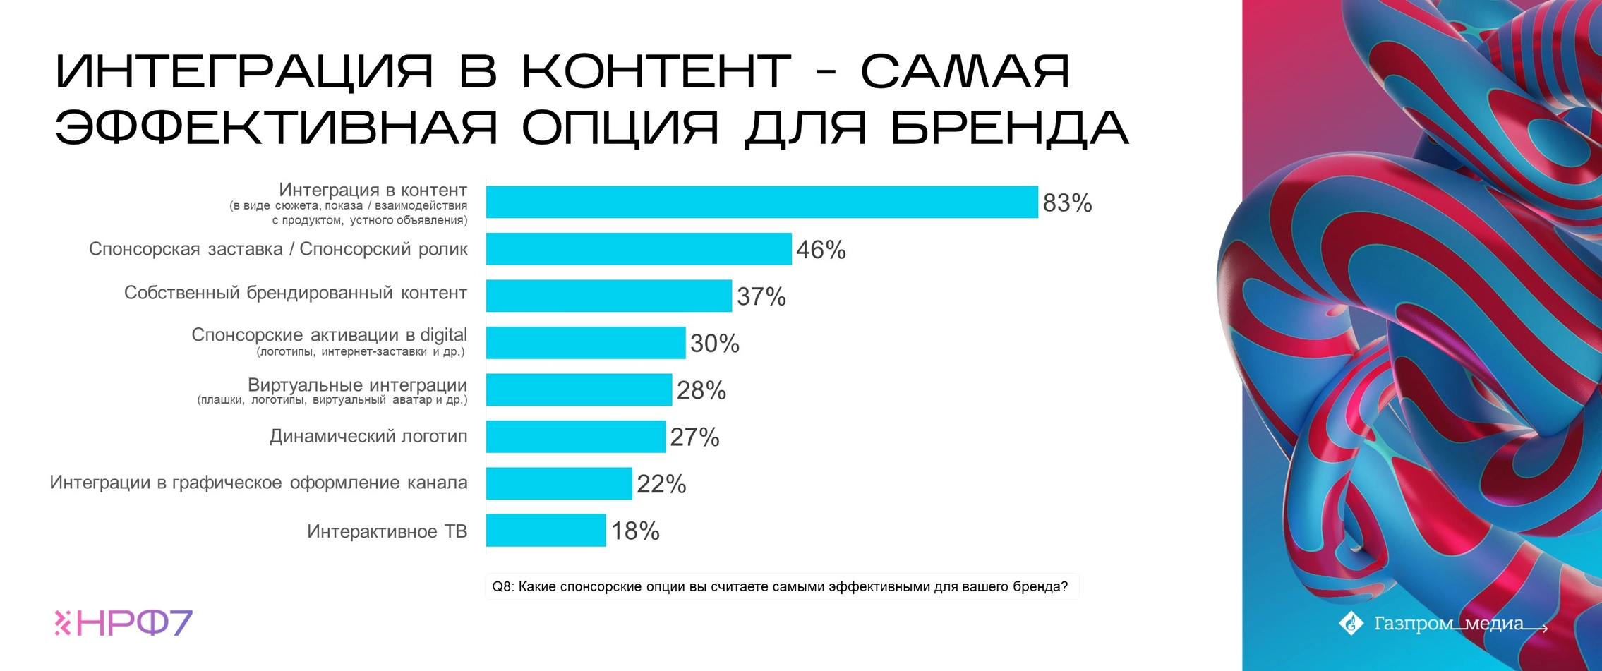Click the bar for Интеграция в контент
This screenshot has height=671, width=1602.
pos(761,202)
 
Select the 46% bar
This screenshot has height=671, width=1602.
pos(639,249)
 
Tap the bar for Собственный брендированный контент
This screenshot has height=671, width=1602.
pos(608,296)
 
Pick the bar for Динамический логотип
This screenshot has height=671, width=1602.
pos(575,437)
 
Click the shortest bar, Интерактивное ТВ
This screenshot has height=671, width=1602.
pos(546,530)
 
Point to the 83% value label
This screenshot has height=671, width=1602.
pos(1067,203)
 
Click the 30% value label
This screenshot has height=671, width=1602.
pos(714,344)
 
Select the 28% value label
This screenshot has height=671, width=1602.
pos(701,390)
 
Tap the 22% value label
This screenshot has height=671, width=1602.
pos(661,484)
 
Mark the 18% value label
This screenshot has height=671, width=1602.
pos(635,531)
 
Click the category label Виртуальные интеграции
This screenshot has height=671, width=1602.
pos(357,385)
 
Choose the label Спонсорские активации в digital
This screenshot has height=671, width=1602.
pos(329,335)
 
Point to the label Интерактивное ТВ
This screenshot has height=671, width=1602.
pos(387,531)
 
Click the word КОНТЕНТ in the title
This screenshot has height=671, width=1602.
pos(656,71)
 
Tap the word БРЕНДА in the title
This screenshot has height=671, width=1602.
pos(1010,128)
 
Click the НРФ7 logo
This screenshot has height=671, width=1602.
pos(124,622)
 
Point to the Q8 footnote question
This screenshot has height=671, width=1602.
pos(780,586)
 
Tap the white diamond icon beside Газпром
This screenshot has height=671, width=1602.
pos(1351,623)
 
